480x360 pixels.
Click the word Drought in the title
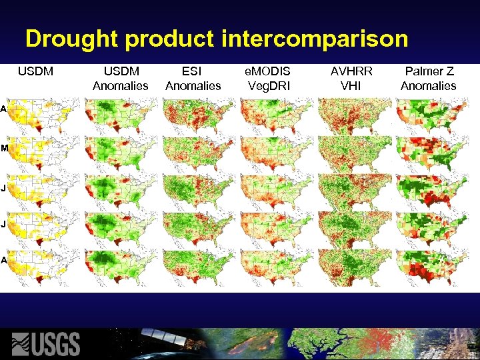pos(72,39)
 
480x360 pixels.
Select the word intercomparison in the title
pos(314,39)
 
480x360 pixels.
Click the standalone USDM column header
pos(35,71)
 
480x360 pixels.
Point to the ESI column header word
pos(193,71)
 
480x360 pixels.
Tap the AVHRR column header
pos(351,71)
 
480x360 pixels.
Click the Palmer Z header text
pos(428,71)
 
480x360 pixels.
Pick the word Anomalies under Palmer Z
pos(428,85)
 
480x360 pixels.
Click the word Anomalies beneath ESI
pos(193,85)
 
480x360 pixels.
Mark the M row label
pos(4,149)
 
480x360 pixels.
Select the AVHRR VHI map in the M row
pos(351,153)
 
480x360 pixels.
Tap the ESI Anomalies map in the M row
pos(193,153)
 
